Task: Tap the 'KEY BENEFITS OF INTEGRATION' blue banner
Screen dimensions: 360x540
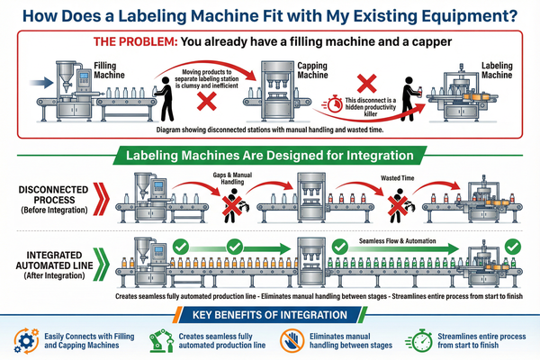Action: (x=269, y=315)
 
